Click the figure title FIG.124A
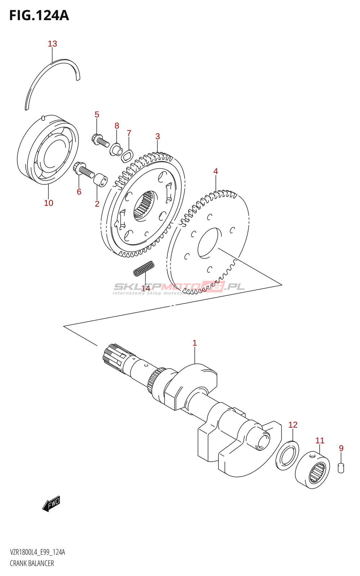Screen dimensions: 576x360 point(39,15)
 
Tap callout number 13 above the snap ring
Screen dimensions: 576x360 point(53,44)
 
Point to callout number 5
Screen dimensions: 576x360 point(97,114)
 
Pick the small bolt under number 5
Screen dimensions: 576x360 point(100,141)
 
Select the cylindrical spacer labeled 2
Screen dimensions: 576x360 point(100,179)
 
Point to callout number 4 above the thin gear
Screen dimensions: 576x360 point(216,171)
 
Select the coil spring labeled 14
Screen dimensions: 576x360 point(144,269)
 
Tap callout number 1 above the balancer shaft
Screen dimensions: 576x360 point(195,343)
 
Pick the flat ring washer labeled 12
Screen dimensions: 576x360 point(287,455)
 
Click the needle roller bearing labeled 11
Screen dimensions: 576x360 point(312,471)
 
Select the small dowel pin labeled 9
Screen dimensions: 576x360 point(341,468)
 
